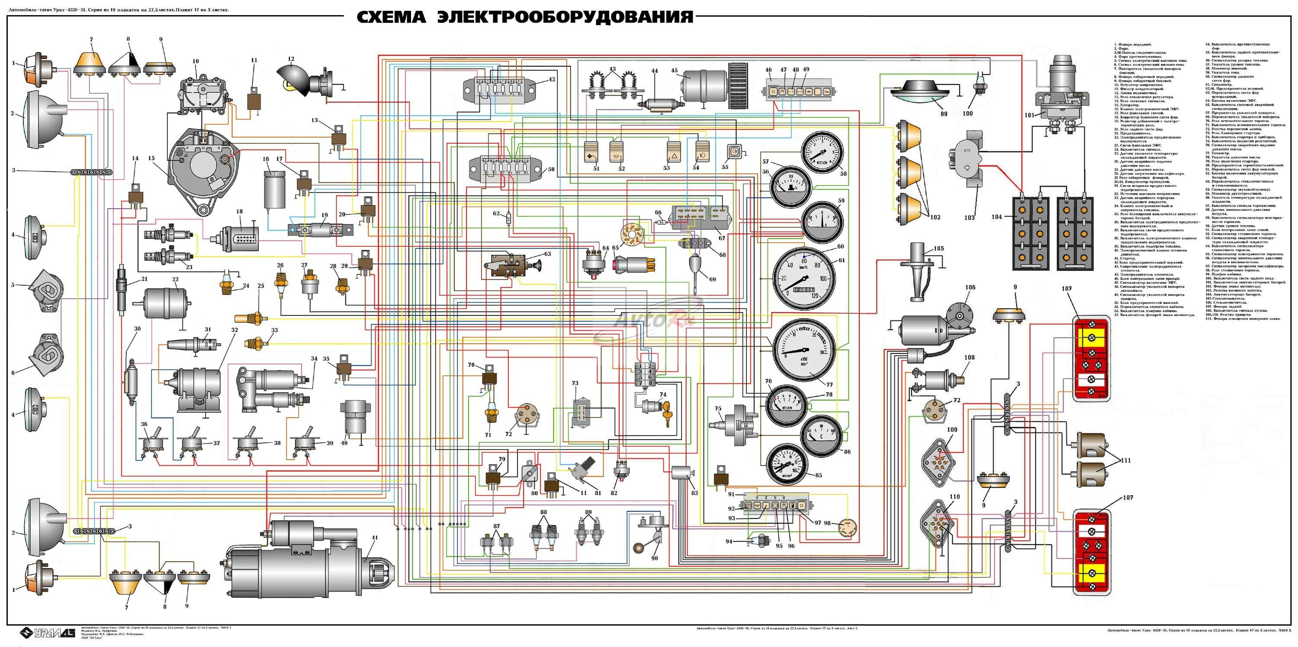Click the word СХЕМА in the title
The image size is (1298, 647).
click(391, 17)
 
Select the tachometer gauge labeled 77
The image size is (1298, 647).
click(804, 350)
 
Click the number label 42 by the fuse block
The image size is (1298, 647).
click(552, 79)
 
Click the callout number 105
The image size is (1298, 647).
click(938, 248)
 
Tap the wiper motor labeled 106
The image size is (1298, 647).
click(932, 328)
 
